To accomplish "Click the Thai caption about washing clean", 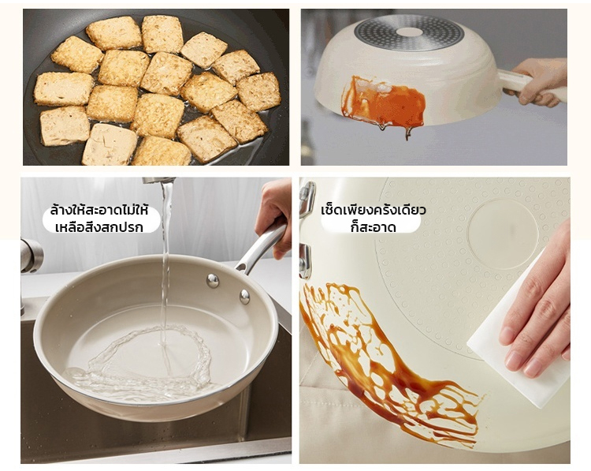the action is click(99, 219).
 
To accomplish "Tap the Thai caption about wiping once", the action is click(374, 219).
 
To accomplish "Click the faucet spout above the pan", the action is click(158, 181).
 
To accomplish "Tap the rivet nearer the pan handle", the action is click(244, 297).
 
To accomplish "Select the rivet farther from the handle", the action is click(213, 281).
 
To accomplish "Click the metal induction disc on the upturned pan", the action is click(409, 33).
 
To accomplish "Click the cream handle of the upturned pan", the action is click(531, 85).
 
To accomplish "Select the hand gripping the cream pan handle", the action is click(541, 81).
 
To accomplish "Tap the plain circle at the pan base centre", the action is click(503, 234).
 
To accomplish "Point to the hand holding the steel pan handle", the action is click(274, 215).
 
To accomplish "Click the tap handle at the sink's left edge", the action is click(32, 256).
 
